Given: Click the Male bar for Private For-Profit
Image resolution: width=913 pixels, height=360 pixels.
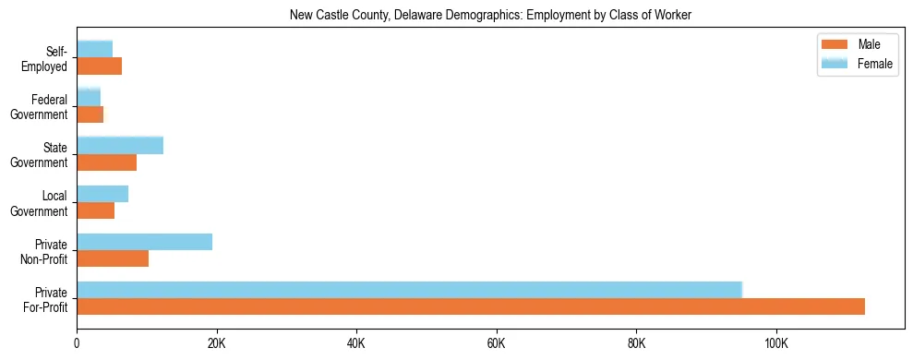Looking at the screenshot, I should click(x=471, y=306).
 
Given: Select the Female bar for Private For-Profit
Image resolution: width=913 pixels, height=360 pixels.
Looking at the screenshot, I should click(x=409, y=290).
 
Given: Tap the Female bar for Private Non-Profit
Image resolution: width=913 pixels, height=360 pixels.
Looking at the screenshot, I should click(x=144, y=242).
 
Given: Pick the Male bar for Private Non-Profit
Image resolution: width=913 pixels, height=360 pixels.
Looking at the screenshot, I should click(x=113, y=258).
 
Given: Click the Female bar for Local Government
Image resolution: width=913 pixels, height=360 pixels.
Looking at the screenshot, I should click(x=102, y=194).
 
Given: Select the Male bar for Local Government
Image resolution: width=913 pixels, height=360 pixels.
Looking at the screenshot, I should click(x=95, y=210).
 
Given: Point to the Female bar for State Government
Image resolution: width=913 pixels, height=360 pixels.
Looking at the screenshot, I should click(x=120, y=145).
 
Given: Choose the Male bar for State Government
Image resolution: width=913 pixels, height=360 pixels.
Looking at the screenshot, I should click(x=106, y=162).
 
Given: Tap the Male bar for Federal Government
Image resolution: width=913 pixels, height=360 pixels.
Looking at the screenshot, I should click(x=90, y=114).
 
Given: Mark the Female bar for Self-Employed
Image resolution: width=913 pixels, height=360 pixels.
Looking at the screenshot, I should click(x=94, y=49).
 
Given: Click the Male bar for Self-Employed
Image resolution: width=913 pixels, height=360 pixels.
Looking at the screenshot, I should click(x=99, y=66).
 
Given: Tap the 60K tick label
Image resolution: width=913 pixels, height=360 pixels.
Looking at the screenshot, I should click(x=497, y=344).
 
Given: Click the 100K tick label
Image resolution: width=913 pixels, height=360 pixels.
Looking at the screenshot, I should click(x=776, y=344).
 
